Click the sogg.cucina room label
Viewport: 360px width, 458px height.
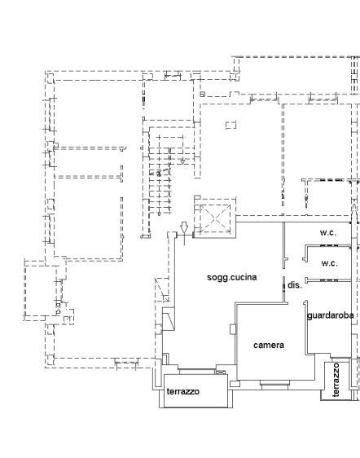pyautogui.click(x=232, y=277)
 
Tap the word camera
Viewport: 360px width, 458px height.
pyautogui.click(x=269, y=346)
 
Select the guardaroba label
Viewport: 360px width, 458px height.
pyautogui.click(x=330, y=315)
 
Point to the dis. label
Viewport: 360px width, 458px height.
pyautogui.click(x=295, y=285)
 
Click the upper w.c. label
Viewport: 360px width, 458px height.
pyautogui.click(x=328, y=233)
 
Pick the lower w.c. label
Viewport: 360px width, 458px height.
pyautogui.click(x=330, y=263)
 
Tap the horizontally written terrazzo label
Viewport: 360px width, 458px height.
pyautogui.click(x=183, y=391)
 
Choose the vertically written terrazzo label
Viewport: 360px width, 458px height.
pyautogui.click(x=336, y=380)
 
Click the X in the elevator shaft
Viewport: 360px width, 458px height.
pyautogui.click(x=215, y=218)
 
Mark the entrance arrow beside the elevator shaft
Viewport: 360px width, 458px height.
pyautogui.click(x=184, y=231)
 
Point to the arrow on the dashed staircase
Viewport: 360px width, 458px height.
pyautogui.click(x=182, y=161)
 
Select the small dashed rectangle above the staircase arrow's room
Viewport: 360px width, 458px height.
pyautogui.click(x=231, y=125)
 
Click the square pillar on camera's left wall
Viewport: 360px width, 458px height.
pyautogui.click(x=233, y=329)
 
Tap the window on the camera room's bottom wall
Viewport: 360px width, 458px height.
pyautogui.click(x=274, y=385)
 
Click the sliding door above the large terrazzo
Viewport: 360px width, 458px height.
pyautogui.click(x=197, y=372)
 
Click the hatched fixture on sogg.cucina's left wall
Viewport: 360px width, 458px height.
pyautogui.click(x=169, y=319)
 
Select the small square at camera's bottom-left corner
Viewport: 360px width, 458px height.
pyautogui.click(x=235, y=384)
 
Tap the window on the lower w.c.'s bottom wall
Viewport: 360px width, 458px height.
pyautogui.click(x=329, y=280)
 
